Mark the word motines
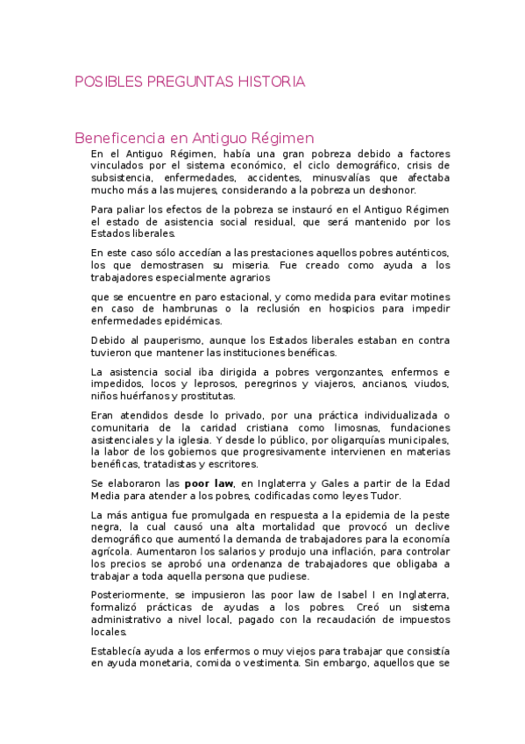click(427, 297)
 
